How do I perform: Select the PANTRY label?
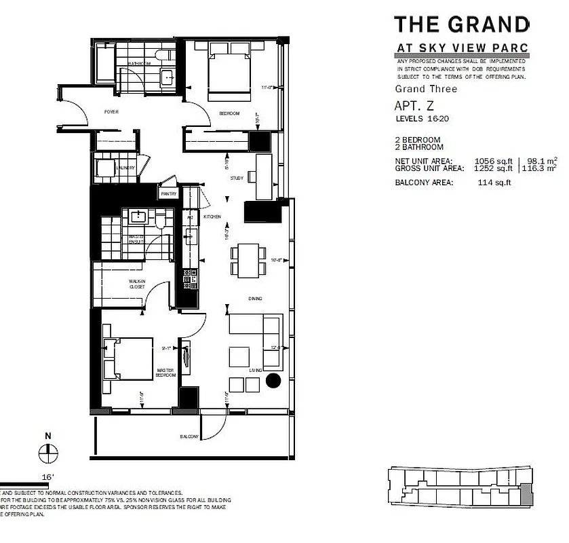click(x=168, y=193)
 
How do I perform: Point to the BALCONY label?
click(x=189, y=436)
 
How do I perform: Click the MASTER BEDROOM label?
click(x=165, y=373)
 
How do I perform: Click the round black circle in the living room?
click(x=274, y=381)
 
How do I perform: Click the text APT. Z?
click(x=414, y=106)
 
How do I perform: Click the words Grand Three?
click(x=426, y=89)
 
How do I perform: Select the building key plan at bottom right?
click(x=458, y=487)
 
